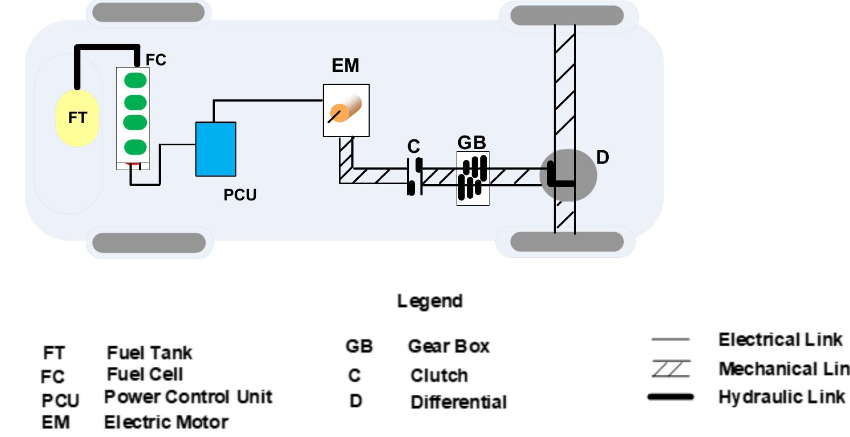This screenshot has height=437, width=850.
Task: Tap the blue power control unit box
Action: (x=215, y=149)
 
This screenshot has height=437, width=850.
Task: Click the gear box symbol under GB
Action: (x=473, y=178)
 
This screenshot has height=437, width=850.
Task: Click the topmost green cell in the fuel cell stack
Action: (x=135, y=80)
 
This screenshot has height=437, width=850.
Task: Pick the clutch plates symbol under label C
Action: (x=414, y=176)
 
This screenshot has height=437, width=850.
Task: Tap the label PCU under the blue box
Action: (x=240, y=195)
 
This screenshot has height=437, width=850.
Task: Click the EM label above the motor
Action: (x=345, y=65)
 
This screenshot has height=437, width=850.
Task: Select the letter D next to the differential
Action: (x=602, y=157)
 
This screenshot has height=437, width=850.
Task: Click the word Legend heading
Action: (x=430, y=301)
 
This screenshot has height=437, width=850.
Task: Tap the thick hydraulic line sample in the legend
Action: (x=670, y=397)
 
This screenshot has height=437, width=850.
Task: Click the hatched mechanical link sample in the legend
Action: (x=670, y=369)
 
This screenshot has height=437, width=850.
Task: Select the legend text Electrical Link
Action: (x=780, y=340)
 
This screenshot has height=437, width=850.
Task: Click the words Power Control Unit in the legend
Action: (x=188, y=397)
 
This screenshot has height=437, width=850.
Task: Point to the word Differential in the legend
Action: (x=458, y=402)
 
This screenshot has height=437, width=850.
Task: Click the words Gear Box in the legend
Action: (x=448, y=346)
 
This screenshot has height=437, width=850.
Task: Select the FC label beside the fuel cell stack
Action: (x=156, y=60)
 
